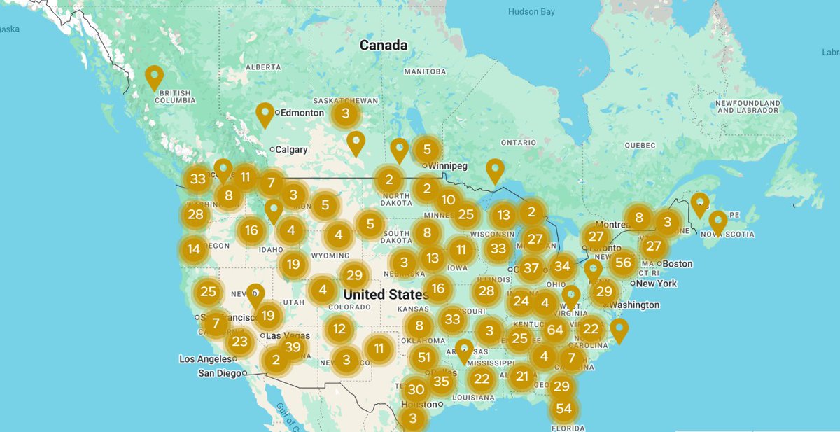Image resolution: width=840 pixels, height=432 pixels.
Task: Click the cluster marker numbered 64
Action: [x=556, y=330]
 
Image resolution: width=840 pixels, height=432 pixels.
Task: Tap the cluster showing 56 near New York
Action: [x=622, y=263]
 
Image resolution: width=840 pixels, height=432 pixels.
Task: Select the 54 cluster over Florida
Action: [x=563, y=409]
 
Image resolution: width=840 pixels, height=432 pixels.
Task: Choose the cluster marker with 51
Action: [x=423, y=358]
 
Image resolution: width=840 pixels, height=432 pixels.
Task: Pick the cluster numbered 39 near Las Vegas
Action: [x=293, y=347]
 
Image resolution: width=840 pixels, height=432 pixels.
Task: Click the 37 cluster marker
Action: [x=532, y=268]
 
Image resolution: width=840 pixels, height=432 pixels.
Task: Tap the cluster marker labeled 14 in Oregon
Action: [x=194, y=249]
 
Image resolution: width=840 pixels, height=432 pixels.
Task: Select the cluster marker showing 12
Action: [x=339, y=329]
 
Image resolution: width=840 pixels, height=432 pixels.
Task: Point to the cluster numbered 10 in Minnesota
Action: [x=448, y=200]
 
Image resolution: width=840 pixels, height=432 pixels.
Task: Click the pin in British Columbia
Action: [x=154, y=77]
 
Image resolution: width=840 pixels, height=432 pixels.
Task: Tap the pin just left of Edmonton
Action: [x=265, y=114]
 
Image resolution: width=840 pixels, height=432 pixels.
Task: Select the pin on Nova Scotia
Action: [x=717, y=222]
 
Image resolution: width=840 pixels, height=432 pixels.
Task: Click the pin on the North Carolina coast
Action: [x=619, y=330]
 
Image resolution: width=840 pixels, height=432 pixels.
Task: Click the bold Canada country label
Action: [x=383, y=46]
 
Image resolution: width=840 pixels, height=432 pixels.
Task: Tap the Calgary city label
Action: [x=292, y=149]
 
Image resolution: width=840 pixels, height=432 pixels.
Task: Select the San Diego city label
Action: [x=219, y=373]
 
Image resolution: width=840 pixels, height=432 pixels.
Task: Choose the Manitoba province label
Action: [x=425, y=72]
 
